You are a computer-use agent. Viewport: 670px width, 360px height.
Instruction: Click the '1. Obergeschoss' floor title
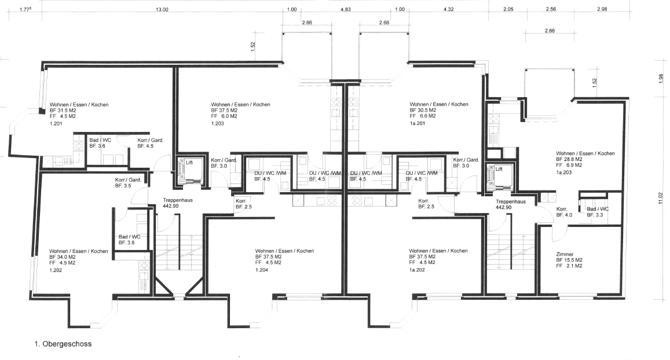(x=63, y=344)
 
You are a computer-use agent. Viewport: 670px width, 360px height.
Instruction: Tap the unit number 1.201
(x=56, y=123)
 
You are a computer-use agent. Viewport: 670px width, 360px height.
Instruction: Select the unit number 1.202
(x=56, y=270)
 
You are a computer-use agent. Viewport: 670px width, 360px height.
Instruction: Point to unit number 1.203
(x=218, y=123)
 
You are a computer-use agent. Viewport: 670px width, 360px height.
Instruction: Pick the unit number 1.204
(x=262, y=270)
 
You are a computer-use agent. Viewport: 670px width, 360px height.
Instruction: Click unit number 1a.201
(x=418, y=123)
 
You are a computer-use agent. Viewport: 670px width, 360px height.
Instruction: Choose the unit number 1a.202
(x=417, y=270)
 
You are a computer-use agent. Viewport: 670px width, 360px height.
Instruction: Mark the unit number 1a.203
(x=563, y=172)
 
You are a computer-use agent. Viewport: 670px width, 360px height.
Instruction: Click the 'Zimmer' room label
(x=565, y=254)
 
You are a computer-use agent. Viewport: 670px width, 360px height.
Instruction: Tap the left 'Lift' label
(x=189, y=163)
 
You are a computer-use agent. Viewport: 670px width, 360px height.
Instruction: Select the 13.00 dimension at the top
(x=162, y=9)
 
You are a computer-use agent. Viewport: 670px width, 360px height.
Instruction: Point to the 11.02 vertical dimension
(x=661, y=198)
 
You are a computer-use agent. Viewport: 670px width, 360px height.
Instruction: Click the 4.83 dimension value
(x=345, y=9)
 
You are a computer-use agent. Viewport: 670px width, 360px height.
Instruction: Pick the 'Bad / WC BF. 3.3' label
(x=598, y=212)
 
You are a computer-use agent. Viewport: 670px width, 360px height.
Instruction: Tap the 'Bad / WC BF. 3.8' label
(x=129, y=240)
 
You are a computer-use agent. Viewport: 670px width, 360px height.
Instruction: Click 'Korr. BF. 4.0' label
(x=564, y=212)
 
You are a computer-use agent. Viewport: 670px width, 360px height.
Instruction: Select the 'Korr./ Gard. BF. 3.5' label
(x=128, y=183)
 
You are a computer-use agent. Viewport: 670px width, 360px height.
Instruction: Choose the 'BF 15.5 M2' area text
(x=569, y=260)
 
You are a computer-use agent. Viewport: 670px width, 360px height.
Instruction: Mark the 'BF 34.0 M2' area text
(x=63, y=257)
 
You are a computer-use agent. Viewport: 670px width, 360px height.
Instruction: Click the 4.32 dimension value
(x=449, y=9)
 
